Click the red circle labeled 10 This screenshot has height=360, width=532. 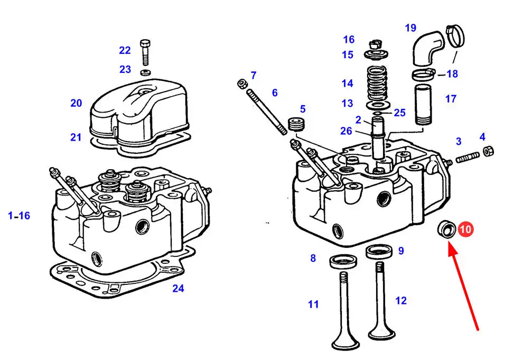[465, 229]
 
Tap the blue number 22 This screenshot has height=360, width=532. [125, 50]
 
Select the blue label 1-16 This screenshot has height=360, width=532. [19, 215]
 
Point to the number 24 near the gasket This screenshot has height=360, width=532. [178, 288]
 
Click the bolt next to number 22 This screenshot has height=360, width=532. [145, 52]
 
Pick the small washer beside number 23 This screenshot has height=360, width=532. [146, 72]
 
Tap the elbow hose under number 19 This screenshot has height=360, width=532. [428, 47]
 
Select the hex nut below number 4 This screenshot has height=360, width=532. [488, 151]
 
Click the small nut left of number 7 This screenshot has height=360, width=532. [242, 84]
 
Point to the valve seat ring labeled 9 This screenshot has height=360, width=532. [379, 251]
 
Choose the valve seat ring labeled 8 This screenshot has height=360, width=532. [343, 261]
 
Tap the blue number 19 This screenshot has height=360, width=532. [410, 27]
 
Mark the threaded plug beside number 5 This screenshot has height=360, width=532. [296, 124]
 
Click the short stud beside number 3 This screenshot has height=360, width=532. [467, 158]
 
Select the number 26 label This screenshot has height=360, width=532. [346, 131]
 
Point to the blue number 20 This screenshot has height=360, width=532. [76, 103]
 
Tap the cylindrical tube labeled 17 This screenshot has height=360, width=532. [423, 105]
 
